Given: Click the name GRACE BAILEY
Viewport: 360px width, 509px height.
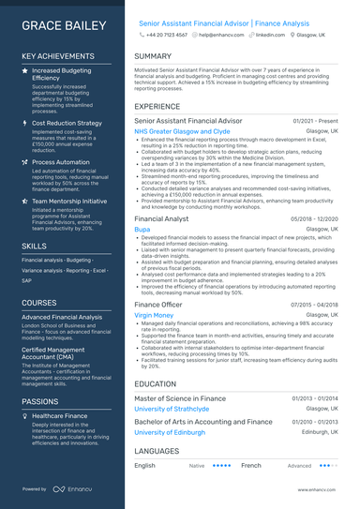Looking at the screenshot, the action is [x=63, y=26].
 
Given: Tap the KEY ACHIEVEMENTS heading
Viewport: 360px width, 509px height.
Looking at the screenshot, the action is [x=59, y=57].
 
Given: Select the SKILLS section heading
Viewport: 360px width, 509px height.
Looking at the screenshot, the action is [x=34, y=246].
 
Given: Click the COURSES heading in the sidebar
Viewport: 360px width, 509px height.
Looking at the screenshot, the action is [x=39, y=303].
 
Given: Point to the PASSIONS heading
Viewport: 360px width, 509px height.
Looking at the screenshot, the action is [x=40, y=401].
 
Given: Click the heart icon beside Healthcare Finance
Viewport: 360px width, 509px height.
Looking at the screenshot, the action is [x=25, y=415].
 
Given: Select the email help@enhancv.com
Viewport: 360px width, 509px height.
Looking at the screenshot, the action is [x=220, y=34].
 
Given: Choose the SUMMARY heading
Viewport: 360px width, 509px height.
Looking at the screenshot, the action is [x=153, y=56].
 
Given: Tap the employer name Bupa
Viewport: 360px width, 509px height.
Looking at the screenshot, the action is [x=142, y=229].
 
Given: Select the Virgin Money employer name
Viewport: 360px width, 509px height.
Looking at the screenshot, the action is [x=154, y=316].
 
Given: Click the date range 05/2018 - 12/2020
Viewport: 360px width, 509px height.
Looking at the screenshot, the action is [x=314, y=218].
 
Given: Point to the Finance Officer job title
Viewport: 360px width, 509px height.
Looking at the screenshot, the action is [x=158, y=305].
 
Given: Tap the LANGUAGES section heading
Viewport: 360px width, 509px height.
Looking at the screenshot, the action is [x=157, y=451].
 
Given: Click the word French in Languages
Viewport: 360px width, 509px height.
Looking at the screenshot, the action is [x=250, y=465].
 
